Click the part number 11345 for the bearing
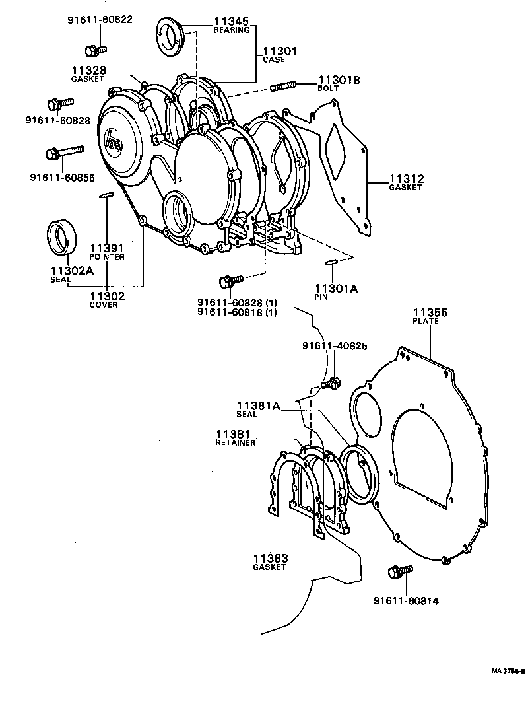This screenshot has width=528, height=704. (x=230, y=22)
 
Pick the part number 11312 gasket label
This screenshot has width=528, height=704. (x=405, y=180)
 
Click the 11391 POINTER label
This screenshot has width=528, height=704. (x=106, y=250)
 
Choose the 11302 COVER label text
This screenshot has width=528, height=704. (x=106, y=299)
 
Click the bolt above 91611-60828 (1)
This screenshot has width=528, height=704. (x=232, y=280)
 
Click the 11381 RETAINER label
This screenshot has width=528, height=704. (x=236, y=437)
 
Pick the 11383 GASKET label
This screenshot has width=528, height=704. (x=270, y=561)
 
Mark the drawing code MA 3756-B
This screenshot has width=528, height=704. (x=508, y=671)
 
